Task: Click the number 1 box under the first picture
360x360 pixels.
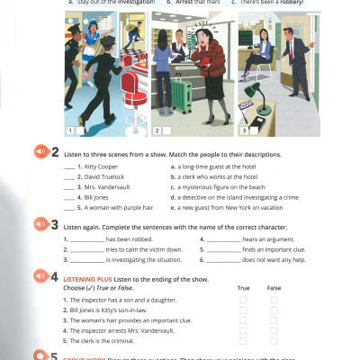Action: [70, 130]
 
